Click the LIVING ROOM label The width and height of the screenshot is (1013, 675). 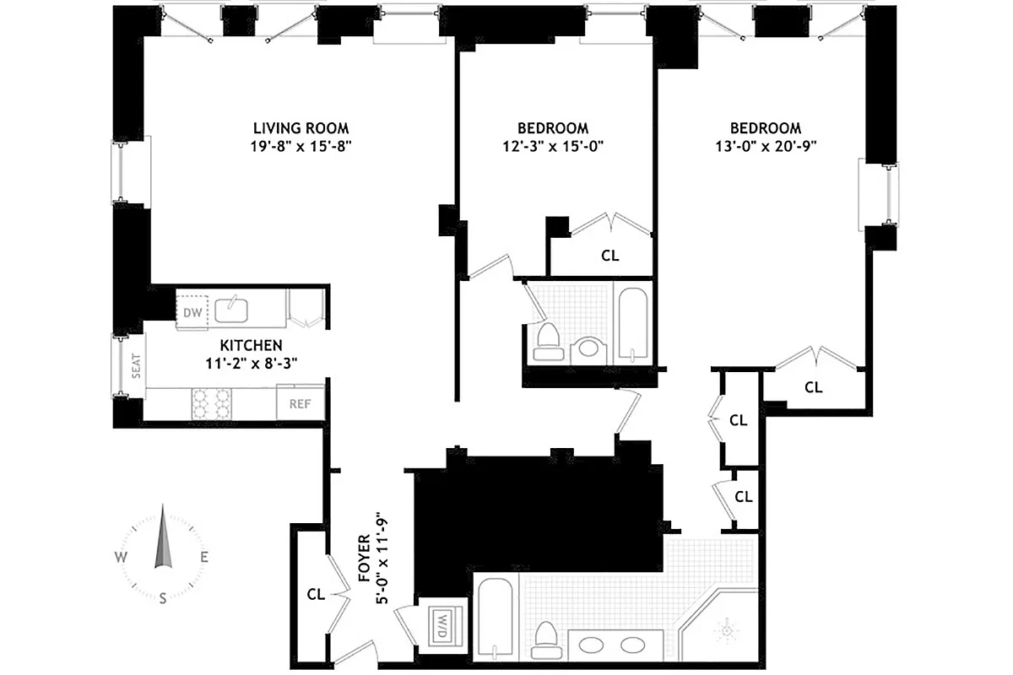coord(301,128)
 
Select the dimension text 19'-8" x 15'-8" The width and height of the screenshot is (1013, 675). coord(301,145)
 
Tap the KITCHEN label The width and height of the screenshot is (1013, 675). coord(251,346)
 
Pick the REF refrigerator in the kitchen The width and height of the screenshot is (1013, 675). coord(301,403)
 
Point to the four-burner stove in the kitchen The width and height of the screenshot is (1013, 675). coord(212,403)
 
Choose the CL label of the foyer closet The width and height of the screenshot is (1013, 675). coord(316,594)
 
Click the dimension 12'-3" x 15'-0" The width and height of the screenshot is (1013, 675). coord(552,145)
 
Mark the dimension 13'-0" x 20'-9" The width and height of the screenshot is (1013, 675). coord(765,145)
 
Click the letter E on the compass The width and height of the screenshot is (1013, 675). coord(204,557)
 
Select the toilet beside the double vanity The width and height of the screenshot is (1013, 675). coord(546,640)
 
